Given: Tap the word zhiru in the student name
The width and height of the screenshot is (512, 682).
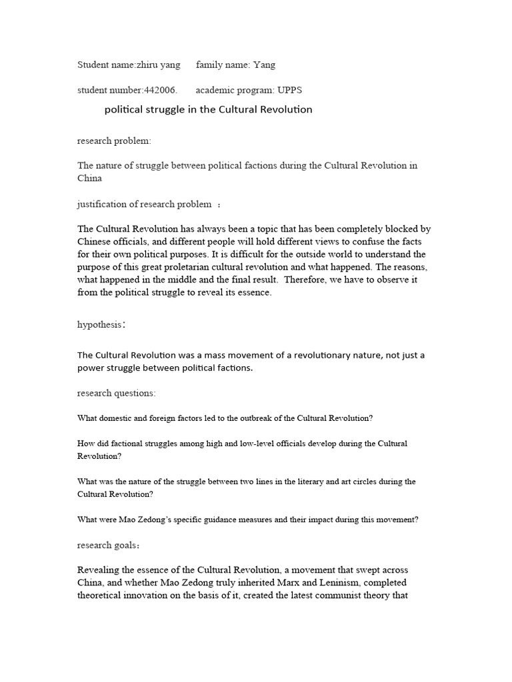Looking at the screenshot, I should click(x=149, y=65).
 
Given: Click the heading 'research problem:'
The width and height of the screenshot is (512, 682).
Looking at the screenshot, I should click(x=114, y=141).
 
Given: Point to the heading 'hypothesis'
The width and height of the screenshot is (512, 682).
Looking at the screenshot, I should click(x=100, y=324).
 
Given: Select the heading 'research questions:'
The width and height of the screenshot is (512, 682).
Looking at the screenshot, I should click(x=116, y=393).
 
